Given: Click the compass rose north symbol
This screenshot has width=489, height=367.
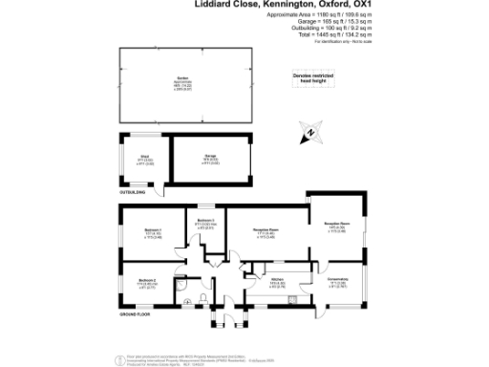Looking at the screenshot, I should pyautogui.click(x=311, y=132).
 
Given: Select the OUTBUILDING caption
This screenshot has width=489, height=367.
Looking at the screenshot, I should pyautogui.click(x=134, y=193).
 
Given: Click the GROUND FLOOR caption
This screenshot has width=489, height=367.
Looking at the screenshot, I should pyautogui.click(x=136, y=314).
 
